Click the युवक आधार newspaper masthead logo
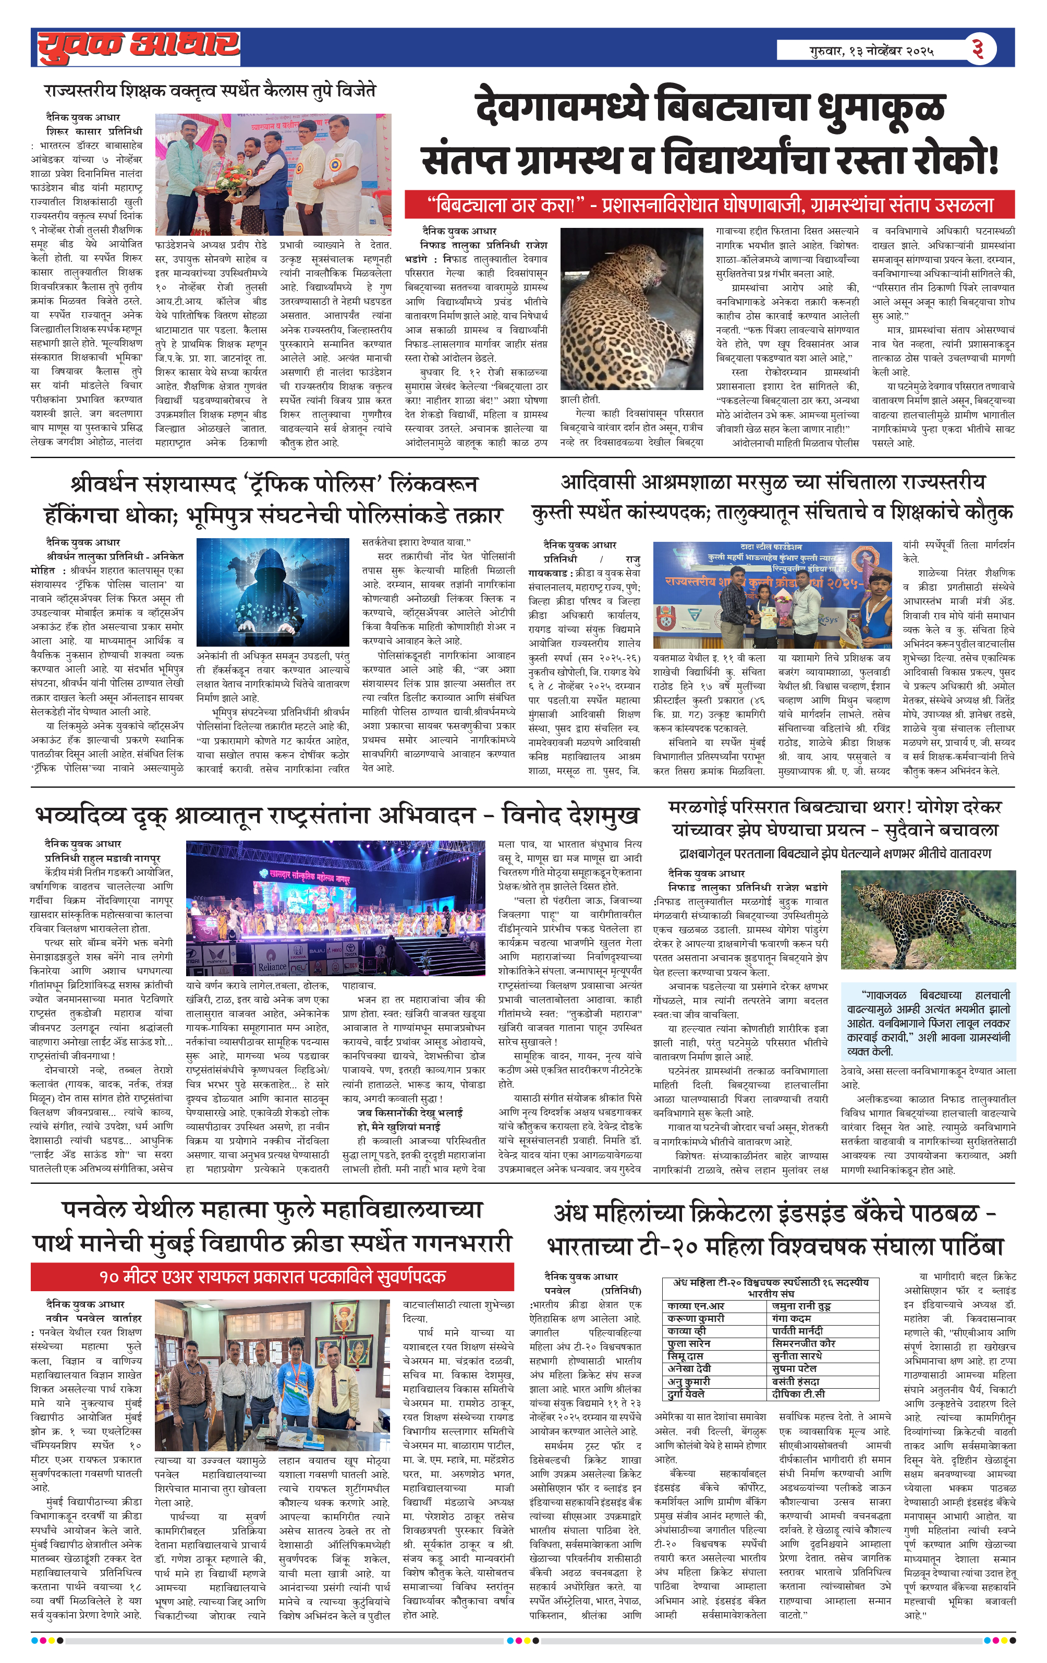[138, 47]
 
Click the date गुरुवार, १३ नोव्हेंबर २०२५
[872, 51]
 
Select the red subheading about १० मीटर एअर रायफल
[272, 1276]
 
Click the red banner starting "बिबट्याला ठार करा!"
[709, 205]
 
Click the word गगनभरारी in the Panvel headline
[462, 1242]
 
